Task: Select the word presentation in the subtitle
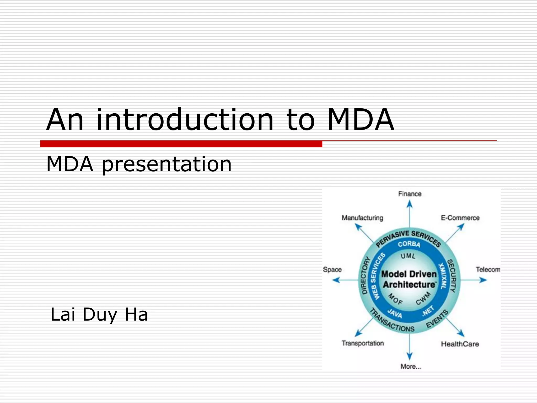coord(167,165)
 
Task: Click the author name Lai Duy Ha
coord(99,314)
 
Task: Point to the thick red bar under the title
coord(181,144)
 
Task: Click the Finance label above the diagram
coord(410,194)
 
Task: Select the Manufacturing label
coord(362,218)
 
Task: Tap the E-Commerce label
coord(460,218)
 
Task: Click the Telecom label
coord(488,269)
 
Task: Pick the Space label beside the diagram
coord(332,269)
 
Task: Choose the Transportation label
coord(363,343)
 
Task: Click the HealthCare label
coord(460,344)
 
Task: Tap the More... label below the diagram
coord(411,367)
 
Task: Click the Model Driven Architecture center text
coord(409,279)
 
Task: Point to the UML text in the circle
coord(408,256)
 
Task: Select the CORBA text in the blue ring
coord(409,244)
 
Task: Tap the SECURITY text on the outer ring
coord(452,275)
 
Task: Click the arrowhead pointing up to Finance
coord(410,204)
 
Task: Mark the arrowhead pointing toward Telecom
coord(483,280)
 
